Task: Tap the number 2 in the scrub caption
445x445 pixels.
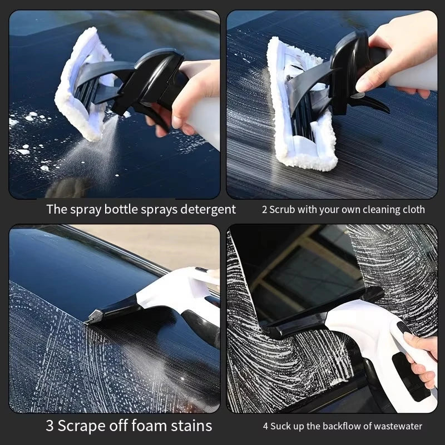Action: click(264, 210)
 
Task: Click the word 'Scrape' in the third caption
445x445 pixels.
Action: click(83, 426)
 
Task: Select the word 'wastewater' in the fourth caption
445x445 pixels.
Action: click(396, 427)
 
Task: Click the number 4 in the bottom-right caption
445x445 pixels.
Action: click(266, 427)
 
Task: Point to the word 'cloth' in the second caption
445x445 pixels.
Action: click(414, 210)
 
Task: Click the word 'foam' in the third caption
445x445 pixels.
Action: click(147, 426)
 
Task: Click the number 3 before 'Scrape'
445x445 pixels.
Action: click(51, 426)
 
